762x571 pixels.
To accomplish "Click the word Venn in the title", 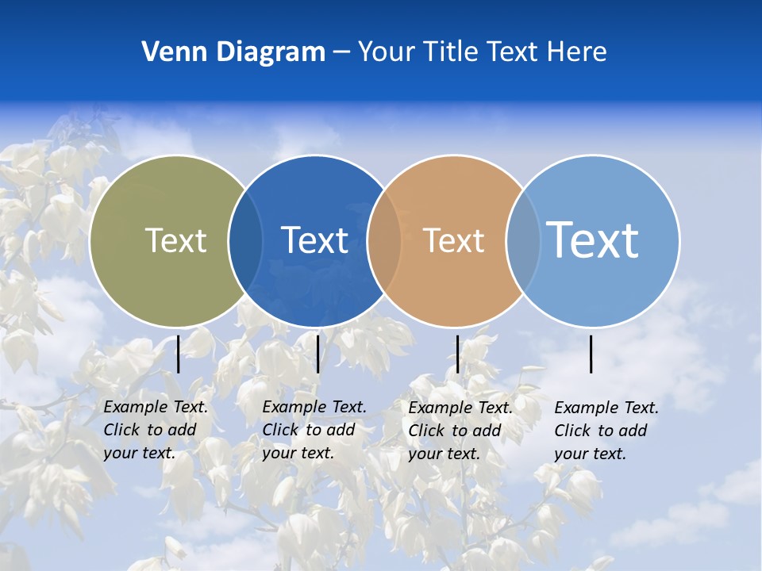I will click(168, 52).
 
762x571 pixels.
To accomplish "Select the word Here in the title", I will click(577, 52).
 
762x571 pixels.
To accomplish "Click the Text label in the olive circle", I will click(175, 240).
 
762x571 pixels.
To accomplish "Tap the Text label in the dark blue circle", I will click(314, 240).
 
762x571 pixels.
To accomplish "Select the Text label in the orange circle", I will click(453, 240).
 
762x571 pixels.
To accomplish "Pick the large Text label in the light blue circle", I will click(592, 240).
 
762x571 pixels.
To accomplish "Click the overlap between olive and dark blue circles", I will click(245, 240).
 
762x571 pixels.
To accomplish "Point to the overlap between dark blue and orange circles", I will click(384, 240).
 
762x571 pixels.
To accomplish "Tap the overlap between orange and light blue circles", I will click(523, 240).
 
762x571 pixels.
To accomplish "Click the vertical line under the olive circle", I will click(178, 354).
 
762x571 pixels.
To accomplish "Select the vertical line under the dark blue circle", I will click(317, 354).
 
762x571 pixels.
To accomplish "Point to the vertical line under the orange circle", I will click(457, 354).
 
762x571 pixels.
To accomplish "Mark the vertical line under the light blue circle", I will click(591, 354).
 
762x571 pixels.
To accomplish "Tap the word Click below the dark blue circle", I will click(280, 430).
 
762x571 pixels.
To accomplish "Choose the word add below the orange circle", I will click(487, 431).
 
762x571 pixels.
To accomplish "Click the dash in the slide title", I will click(341, 52).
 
